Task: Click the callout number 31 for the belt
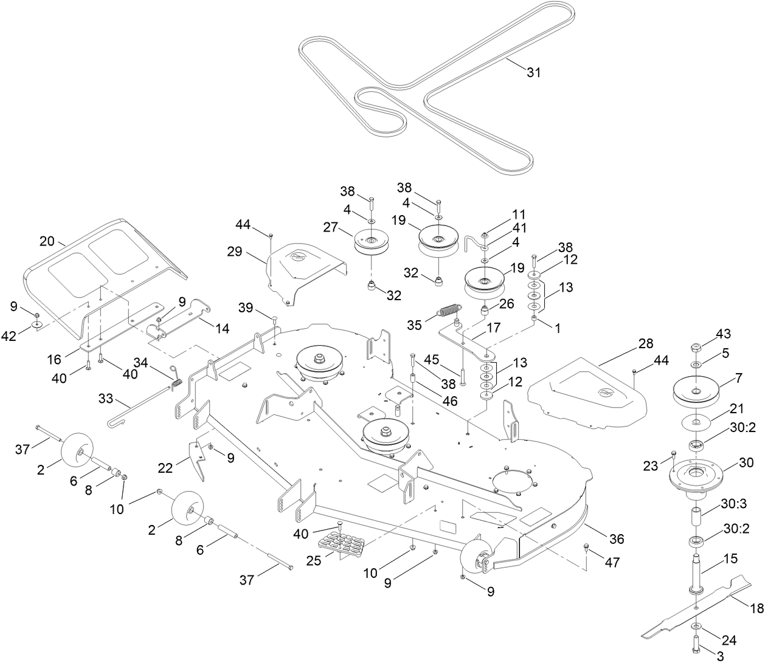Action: click(533, 72)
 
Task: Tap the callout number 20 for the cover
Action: click(47, 241)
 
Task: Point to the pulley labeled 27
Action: click(372, 243)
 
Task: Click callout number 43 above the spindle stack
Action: click(723, 334)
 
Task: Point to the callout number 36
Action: click(616, 539)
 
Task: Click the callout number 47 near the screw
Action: click(612, 563)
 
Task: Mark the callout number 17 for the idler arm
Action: click(494, 327)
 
